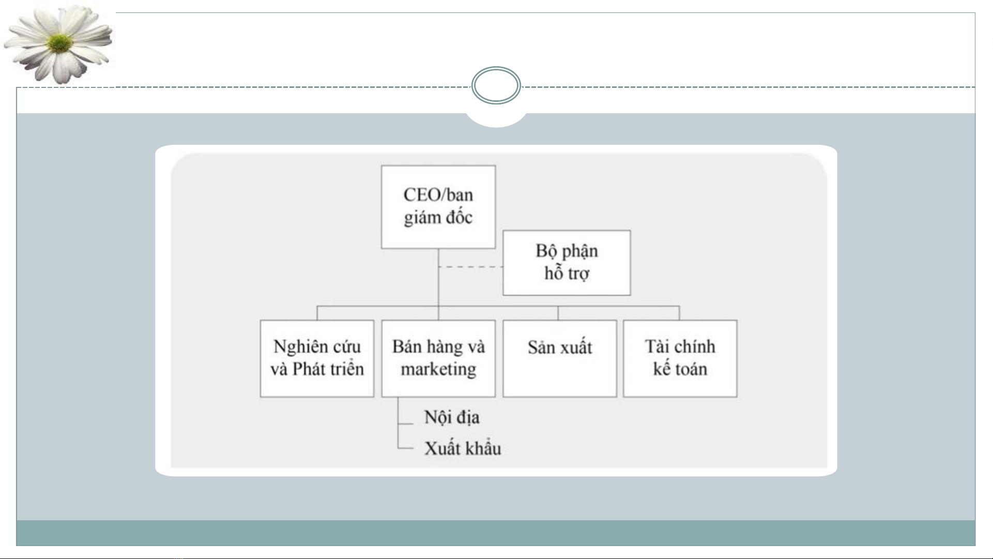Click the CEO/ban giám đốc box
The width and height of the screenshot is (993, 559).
click(x=438, y=207)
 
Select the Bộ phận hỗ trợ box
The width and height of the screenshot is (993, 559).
click(x=567, y=263)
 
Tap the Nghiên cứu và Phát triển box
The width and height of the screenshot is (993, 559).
click(x=317, y=358)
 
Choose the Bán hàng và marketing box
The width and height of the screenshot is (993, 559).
click(x=438, y=358)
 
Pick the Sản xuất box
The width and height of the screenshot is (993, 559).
click(x=560, y=358)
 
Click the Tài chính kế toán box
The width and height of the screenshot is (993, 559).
click(x=680, y=358)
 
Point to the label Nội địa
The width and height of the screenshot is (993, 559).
click(x=452, y=417)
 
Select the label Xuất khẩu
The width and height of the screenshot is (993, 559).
click(x=463, y=448)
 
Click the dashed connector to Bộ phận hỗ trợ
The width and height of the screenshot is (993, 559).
click(x=470, y=267)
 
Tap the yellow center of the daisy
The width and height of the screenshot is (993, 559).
click(x=60, y=43)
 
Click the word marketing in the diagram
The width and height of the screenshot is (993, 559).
click(x=438, y=369)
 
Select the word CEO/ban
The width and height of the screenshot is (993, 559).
click(x=438, y=195)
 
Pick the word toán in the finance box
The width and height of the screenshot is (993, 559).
click(x=691, y=369)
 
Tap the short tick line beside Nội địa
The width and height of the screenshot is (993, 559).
click(x=406, y=424)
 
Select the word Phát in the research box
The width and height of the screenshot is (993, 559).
click(x=309, y=369)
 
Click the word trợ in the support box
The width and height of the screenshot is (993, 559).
click(x=578, y=274)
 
